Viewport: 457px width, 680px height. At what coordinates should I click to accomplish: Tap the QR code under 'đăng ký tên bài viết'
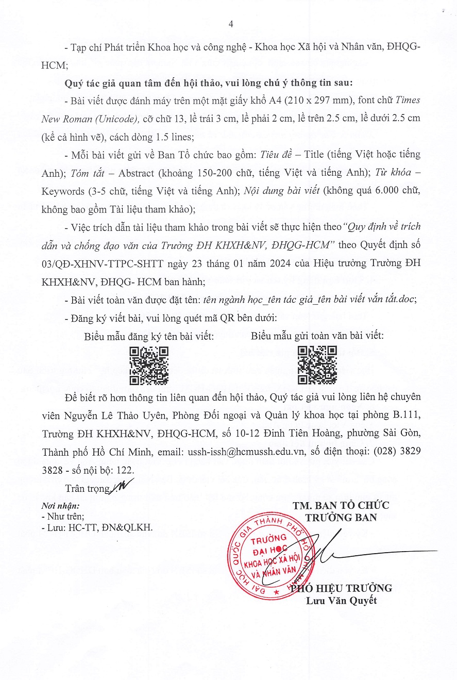coord(149,366)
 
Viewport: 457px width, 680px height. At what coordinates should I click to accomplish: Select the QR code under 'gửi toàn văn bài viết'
coord(317,366)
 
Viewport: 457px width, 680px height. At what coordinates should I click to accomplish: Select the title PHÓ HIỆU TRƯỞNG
coord(341,588)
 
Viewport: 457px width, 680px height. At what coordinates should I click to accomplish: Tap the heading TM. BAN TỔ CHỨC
coord(341,505)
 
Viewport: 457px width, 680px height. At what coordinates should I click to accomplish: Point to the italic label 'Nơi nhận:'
coord(60,506)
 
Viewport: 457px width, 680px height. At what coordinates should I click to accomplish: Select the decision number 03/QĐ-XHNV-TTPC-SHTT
coord(103,264)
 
